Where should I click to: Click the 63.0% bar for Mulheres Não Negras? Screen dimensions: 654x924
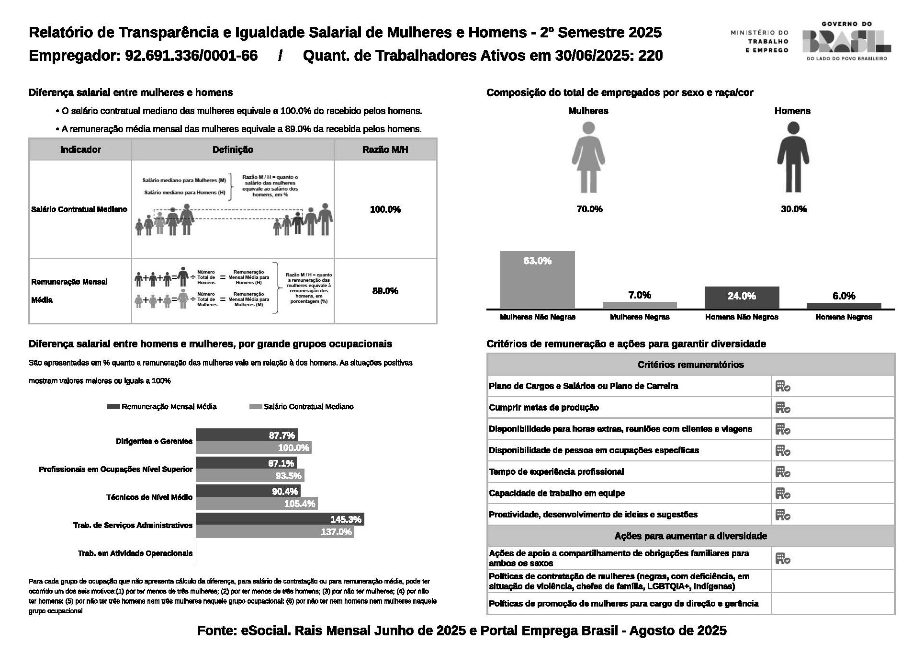tap(537, 280)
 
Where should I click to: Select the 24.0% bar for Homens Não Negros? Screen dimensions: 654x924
tap(742, 298)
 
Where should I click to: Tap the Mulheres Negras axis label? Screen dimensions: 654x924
tap(640, 317)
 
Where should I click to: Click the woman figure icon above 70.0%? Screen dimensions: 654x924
tap(588, 157)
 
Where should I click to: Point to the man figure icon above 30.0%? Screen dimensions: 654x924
tap(793, 157)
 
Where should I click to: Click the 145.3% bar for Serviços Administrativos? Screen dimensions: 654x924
tap(280, 519)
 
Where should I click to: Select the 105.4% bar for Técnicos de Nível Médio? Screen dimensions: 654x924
tap(257, 504)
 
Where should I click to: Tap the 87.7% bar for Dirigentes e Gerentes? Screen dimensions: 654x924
tap(247, 435)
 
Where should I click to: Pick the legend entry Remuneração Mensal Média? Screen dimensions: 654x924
tap(163, 407)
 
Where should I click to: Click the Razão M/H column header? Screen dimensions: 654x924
tap(385, 149)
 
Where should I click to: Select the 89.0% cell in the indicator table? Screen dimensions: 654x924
tap(385, 291)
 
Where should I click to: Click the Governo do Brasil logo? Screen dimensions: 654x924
tap(846, 41)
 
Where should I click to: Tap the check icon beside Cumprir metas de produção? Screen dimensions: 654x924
tap(783, 408)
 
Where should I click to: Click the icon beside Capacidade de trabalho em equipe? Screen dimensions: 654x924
tap(783, 493)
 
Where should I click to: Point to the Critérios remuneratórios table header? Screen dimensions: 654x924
tap(690, 365)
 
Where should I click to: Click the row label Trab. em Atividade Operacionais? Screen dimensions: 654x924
tap(135, 553)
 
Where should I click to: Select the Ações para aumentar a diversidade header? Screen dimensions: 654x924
tap(690, 536)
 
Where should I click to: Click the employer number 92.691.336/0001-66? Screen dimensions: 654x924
tap(191, 56)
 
